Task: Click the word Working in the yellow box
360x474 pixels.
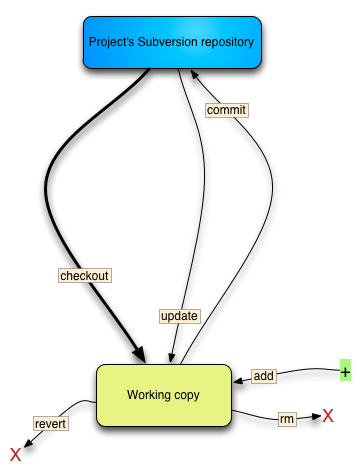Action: [149, 395]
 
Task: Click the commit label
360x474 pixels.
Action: [225, 110]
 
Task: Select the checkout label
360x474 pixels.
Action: [84, 275]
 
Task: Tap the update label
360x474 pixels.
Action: [179, 316]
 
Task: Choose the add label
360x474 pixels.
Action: [263, 376]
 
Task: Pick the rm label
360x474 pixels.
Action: [286, 419]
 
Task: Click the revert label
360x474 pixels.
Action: [50, 424]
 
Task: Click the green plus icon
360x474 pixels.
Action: [345, 372]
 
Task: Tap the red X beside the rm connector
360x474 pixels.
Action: [327, 415]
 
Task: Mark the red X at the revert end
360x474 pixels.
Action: [14, 455]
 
